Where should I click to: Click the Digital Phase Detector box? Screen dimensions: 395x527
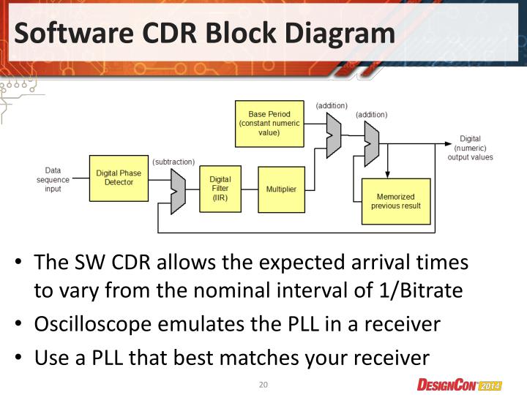click(x=119, y=178)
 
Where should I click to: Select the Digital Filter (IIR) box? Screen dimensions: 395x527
click(x=220, y=188)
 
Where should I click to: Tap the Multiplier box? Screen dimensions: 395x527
click(x=281, y=189)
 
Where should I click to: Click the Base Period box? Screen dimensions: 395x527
click(x=269, y=123)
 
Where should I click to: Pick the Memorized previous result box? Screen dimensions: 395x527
click(x=395, y=201)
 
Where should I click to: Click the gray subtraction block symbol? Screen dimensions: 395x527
click(x=178, y=191)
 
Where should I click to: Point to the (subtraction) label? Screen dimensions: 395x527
click(x=173, y=161)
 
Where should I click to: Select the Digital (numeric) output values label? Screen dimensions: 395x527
click(x=470, y=148)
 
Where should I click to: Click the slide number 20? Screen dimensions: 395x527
click(x=263, y=385)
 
